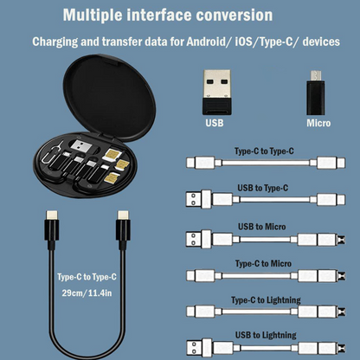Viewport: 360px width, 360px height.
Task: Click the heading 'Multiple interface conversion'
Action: [x=180, y=16]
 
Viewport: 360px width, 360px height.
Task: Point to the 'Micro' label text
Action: [x=318, y=123]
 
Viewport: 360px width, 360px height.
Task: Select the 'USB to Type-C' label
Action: [x=263, y=188]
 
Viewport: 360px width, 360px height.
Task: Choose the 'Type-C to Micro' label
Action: [x=264, y=262]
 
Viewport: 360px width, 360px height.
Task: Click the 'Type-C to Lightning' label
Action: [x=265, y=299]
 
